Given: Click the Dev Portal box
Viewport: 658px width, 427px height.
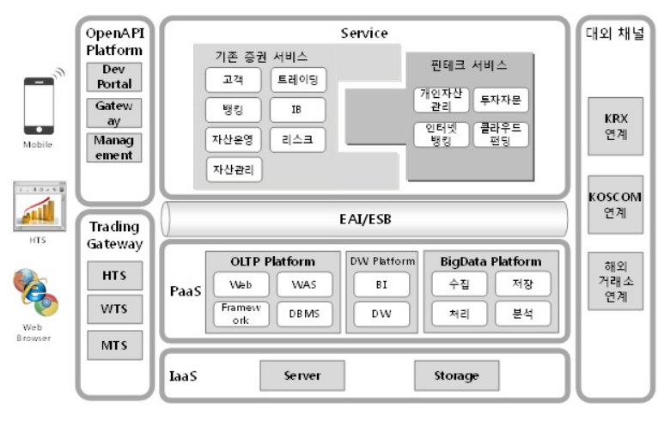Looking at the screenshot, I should pyautogui.click(x=114, y=76).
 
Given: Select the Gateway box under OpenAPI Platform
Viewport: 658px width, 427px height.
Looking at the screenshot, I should pyautogui.click(x=114, y=113).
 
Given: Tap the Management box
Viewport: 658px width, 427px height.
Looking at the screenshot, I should pyautogui.click(x=114, y=147).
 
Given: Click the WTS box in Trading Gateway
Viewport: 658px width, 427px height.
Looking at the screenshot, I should pyautogui.click(x=115, y=309).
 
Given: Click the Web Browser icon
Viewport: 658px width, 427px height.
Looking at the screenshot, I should pyautogui.click(x=37, y=294).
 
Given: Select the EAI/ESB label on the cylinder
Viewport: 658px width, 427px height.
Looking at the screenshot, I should pyautogui.click(x=365, y=219).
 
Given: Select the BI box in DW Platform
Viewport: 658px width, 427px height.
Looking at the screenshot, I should pyautogui.click(x=381, y=284).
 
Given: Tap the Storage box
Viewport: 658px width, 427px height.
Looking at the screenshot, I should pyautogui.click(x=455, y=375).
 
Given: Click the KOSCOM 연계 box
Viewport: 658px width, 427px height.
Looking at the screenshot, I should pyautogui.click(x=616, y=204).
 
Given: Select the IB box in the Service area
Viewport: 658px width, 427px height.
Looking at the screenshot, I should pyautogui.click(x=297, y=109).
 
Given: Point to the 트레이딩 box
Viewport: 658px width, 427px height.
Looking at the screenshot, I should pyautogui.click(x=297, y=81).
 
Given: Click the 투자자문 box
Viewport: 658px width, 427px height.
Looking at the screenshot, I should pyautogui.click(x=501, y=100).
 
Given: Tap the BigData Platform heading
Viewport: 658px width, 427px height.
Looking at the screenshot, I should pyautogui.click(x=491, y=261).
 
